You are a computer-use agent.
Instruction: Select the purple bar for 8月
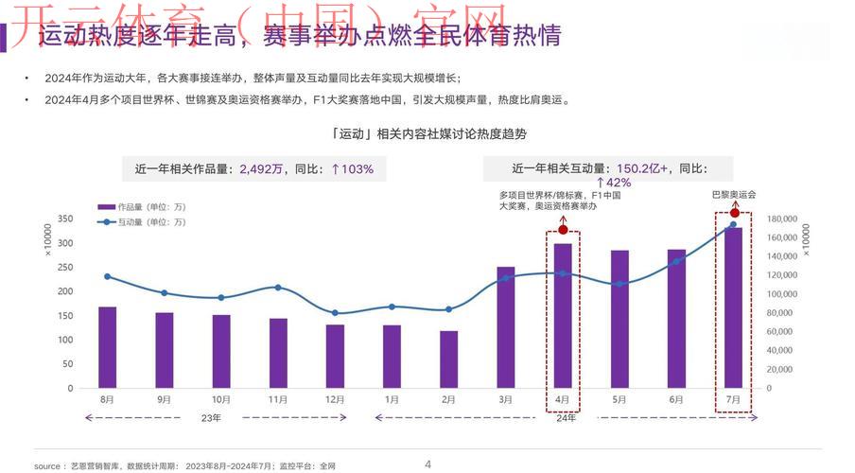[107, 347]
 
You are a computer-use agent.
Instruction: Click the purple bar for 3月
[506, 327]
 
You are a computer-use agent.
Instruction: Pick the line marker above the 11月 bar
[277, 288]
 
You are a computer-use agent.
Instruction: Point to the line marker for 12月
[335, 313]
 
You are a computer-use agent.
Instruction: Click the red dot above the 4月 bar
[563, 230]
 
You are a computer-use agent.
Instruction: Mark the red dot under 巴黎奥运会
[734, 213]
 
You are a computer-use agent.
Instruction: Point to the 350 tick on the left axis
[64, 219]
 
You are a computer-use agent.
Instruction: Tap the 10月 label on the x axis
[221, 400]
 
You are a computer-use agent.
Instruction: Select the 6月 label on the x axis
[676, 400]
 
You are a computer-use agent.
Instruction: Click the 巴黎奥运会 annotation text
[734, 194]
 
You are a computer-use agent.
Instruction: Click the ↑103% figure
[352, 169]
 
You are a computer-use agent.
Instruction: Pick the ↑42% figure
[613, 183]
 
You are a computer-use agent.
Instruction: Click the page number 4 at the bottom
[427, 464]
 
